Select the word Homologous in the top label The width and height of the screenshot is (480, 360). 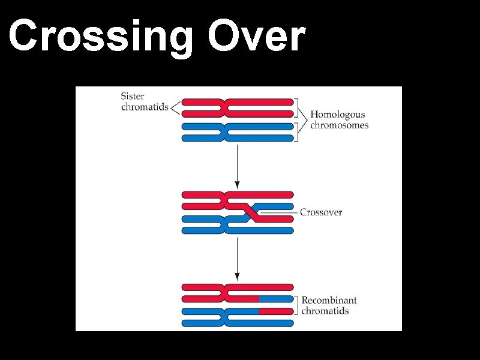click(337, 115)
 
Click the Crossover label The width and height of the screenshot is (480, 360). click(321, 212)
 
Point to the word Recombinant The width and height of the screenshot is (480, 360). click(329, 300)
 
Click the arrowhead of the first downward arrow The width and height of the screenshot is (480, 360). click(238, 182)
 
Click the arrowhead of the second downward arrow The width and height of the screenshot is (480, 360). click(238, 277)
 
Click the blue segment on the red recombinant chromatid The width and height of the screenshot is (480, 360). click(275, 298)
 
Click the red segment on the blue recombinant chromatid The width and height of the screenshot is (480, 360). click(275, 311)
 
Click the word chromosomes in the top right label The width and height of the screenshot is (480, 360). click(339, 125)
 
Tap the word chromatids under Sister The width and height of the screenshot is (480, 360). click(145, 107)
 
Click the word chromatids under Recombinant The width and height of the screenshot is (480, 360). click(325, 311)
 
